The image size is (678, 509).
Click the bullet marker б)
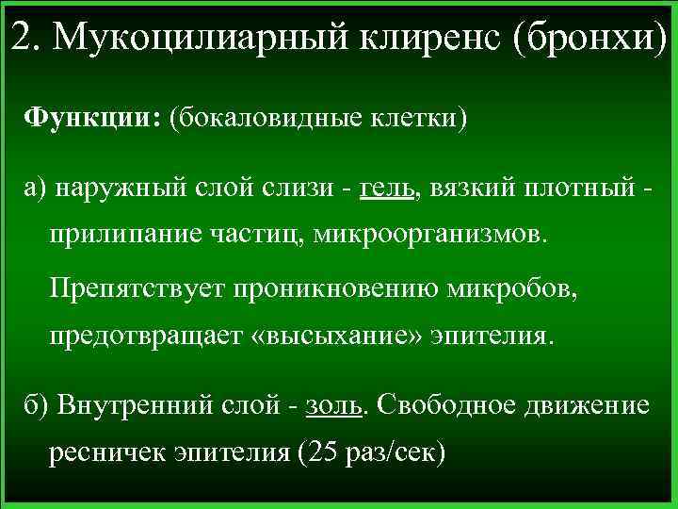coord(38,405)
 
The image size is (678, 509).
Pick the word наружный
coord(111,187)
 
